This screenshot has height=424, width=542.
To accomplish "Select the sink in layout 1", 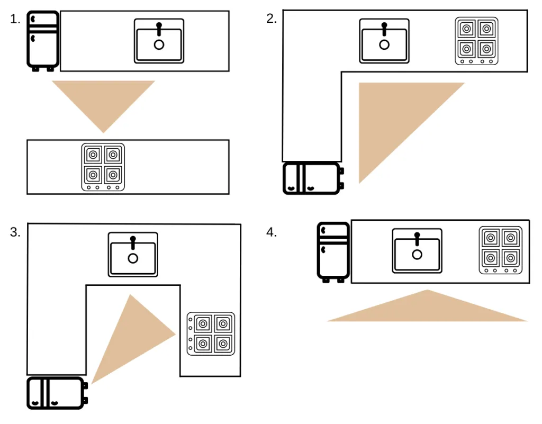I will (159, 41).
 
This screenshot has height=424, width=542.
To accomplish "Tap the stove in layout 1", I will (103, 167).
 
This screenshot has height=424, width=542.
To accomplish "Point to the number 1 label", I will (15, 20).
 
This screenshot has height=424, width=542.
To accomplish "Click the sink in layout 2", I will (384, 41).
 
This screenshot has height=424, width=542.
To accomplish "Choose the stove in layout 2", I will (476, 41).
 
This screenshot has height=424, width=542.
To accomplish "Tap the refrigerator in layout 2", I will (312, 178).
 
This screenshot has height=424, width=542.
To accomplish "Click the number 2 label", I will (271, 19).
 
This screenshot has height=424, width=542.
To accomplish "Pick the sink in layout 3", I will (133, 254).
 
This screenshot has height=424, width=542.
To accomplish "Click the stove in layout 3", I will (211, 333).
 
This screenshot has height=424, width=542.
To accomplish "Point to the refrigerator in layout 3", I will (56, 393).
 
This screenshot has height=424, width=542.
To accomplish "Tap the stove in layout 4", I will (500, 250).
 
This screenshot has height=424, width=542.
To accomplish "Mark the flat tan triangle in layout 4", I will (427, 310).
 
